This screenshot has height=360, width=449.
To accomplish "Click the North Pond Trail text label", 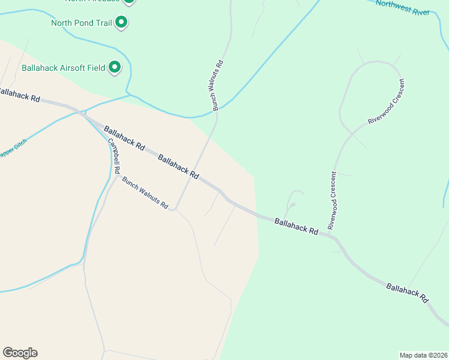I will click(x=82, y=23).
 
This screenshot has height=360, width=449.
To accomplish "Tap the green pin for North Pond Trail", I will click(x=121, y=23).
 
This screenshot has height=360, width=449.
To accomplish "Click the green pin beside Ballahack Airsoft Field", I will click(x=115, y=67).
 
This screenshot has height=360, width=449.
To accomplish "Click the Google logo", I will click(x=20, y=353).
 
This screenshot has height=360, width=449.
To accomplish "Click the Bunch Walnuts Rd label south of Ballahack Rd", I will click(x=145, y=193).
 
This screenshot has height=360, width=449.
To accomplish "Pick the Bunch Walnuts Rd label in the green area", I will click(x=217, y=85).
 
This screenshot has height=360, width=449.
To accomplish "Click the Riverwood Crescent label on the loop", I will click(x=385, y=101).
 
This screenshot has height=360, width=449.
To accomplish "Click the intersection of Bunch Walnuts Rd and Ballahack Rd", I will click(x=200, y=178).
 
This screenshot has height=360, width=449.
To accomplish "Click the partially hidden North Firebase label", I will click(x=102, y=1).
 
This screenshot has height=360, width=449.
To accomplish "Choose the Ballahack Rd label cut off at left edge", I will click(x=19, y=95).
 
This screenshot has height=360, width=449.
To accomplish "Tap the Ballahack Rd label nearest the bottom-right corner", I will click(x=408, y=292).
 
